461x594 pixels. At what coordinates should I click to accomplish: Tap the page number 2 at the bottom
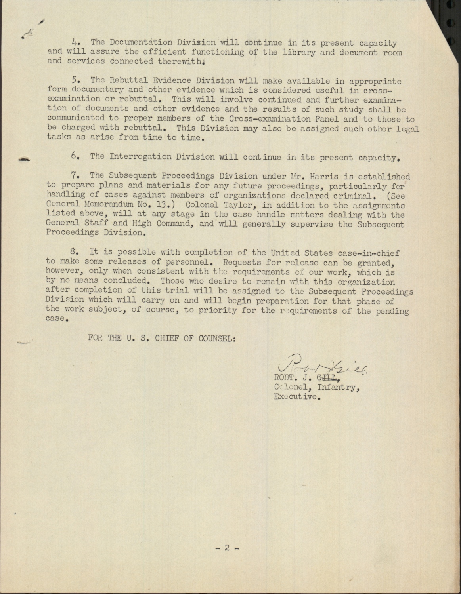(x=227, y=548)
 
